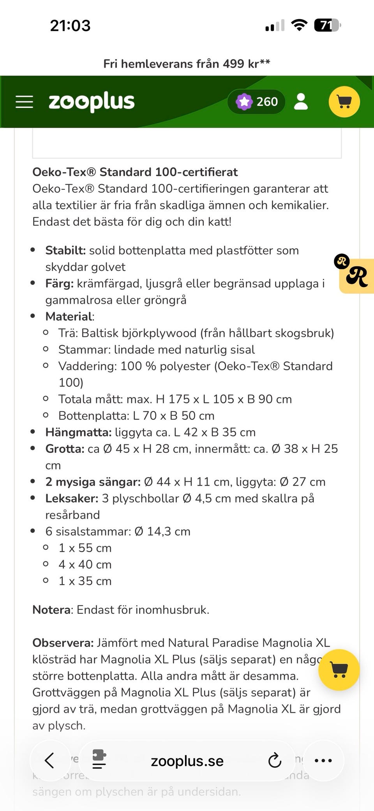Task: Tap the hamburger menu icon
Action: [24, 102]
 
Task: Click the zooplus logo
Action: [92, 102]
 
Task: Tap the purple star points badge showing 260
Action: [256, 102]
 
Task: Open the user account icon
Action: [301, 102]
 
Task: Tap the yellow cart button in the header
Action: [344, 102]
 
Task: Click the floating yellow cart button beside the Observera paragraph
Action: [339, 670]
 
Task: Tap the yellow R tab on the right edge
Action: [357, 276]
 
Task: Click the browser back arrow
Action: [49, 760]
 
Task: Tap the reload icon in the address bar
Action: [275, 760]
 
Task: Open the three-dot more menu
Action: [323, 760]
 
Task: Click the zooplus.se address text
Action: [187, 761]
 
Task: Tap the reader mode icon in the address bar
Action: [99, 760]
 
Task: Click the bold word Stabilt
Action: [65, 250]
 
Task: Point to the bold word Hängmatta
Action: [78, 432]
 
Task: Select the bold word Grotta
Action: [65, 449]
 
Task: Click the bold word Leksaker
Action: [72, 498]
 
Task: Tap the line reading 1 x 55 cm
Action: [85, 548]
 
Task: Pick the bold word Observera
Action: [63, 643]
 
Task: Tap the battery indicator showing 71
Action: [327, 26]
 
